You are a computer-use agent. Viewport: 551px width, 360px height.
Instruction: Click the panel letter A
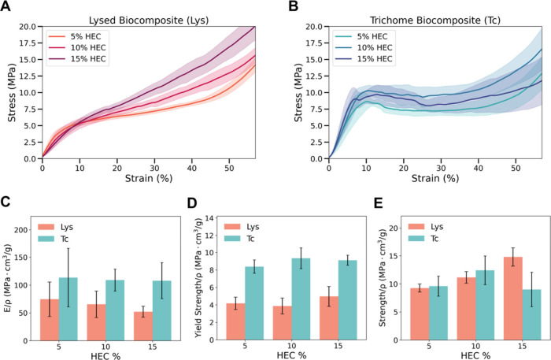point(6,6)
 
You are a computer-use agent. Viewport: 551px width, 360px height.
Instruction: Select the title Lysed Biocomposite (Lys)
point(149,20)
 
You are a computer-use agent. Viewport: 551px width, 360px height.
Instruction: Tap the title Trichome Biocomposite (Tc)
point(435,20)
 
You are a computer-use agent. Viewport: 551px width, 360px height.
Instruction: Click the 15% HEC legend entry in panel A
point(77,59)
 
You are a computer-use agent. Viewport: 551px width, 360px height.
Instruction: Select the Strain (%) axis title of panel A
point(149,178)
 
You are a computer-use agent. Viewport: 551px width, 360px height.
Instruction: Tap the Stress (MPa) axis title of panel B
point(298,92)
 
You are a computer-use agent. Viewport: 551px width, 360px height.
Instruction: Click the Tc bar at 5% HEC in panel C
point(68,309)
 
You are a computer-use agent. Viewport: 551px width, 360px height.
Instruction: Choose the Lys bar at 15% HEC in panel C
point(143,326)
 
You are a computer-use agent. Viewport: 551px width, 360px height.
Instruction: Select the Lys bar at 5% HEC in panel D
point(235,321)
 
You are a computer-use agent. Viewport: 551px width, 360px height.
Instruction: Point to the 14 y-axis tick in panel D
point(209,218)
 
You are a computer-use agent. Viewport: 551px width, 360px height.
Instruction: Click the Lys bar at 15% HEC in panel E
point(513,299)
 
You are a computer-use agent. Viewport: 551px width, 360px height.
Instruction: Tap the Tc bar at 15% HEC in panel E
point(531,314)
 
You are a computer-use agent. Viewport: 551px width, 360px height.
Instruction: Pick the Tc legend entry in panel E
point(423,239)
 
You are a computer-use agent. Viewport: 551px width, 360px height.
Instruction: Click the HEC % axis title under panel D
point(291,355)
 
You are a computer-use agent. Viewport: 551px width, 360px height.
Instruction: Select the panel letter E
point(378,203)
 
